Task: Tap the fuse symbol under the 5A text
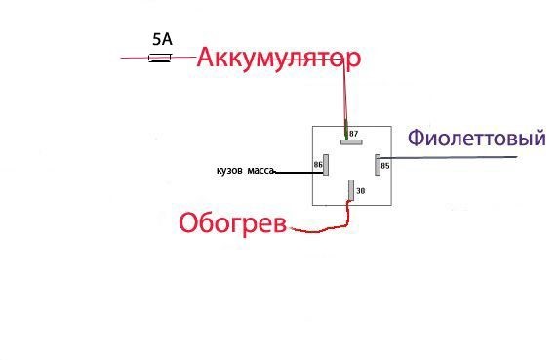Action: (160, 59)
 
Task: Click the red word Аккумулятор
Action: (279, 58)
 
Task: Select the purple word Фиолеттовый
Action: (475, 139)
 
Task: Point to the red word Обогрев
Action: (232, 223)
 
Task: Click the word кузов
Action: (229, 171)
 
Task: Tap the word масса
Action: (260, 171)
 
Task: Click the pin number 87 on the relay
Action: (353, 133)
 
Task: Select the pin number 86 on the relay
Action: (318, 166)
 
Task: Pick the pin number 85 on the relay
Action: (385, 166)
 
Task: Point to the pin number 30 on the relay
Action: (360, 191)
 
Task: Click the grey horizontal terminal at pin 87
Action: (351, 141)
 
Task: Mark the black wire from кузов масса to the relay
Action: (293, 171)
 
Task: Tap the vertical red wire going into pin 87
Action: (343, 98)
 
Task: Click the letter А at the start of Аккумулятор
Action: (207, 58)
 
